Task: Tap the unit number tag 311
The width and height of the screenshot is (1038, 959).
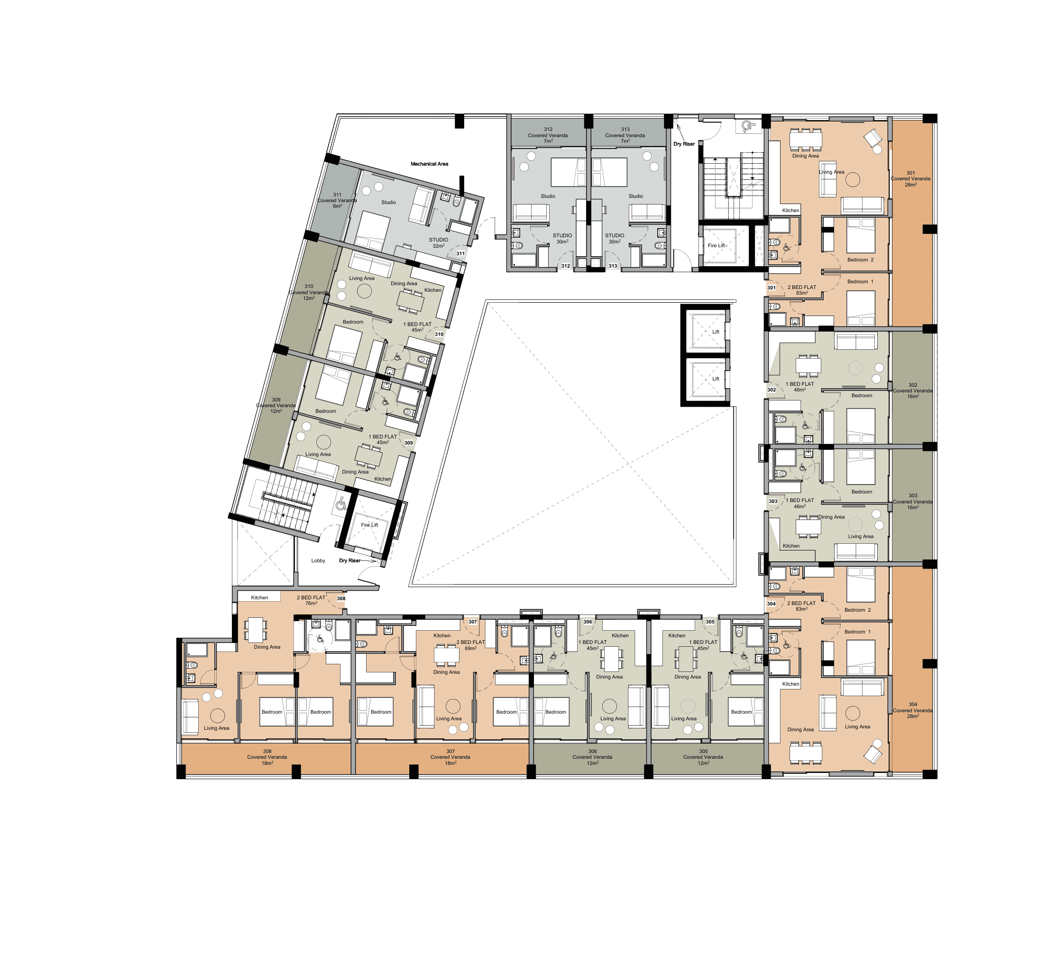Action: point(460,254)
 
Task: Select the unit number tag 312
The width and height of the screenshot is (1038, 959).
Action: point(566,266)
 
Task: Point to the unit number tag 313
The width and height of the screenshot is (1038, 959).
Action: point(613,266)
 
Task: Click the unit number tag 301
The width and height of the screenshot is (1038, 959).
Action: point(772,288)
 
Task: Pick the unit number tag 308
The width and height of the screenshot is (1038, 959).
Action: point(341,598)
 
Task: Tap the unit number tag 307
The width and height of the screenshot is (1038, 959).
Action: point(473,622)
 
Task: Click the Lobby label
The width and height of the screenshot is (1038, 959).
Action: point(318,560)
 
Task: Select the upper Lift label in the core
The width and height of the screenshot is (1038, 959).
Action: point(716,332)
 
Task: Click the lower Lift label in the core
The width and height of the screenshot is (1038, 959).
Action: point(716,379)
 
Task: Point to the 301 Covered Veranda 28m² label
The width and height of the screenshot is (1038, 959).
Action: point(910,178)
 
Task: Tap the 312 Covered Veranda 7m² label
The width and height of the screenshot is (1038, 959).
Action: point(548,135)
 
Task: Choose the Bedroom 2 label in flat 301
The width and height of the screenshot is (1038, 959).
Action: point(860,260)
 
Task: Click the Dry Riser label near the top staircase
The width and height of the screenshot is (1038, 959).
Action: point(684,144)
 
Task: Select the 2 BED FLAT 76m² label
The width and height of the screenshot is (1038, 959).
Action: point(311,600)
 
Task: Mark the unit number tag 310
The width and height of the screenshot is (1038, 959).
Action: point(439,334)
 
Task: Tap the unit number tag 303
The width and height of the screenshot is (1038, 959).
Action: point(773,501)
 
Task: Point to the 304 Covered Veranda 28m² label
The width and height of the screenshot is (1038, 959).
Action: point(912,710)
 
